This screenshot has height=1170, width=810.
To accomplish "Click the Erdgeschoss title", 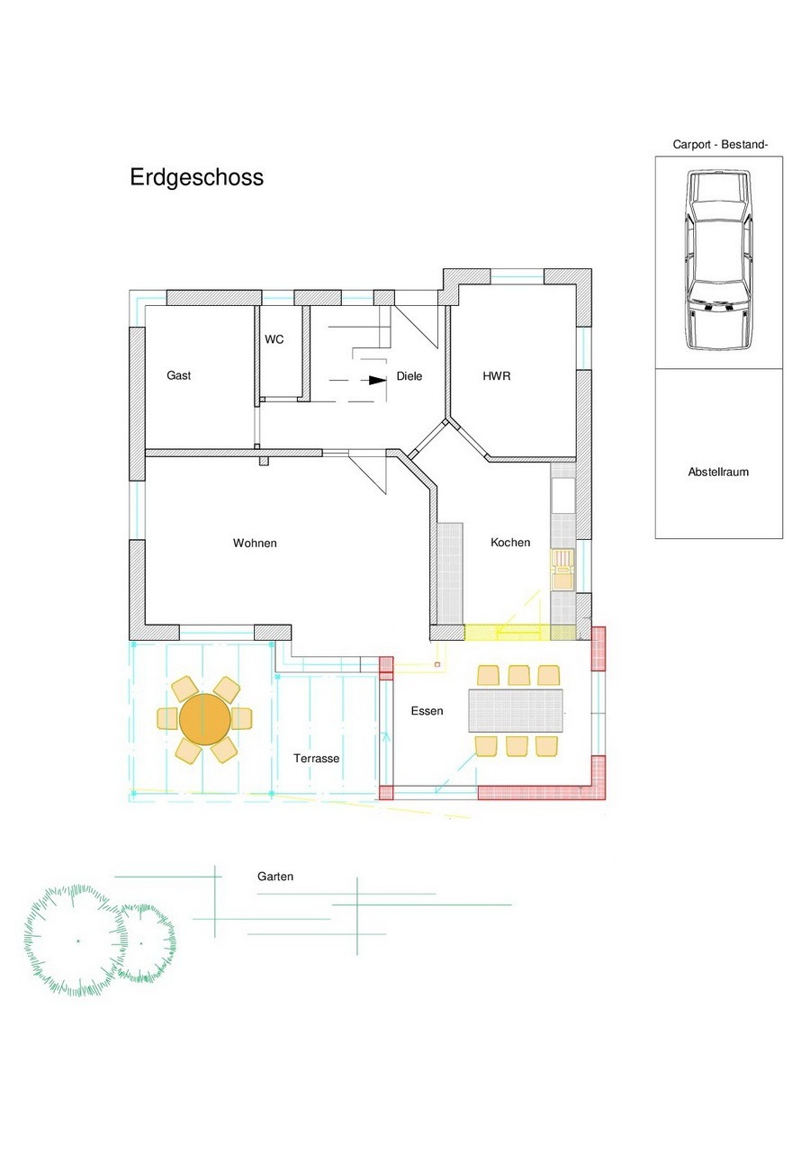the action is tap(196, 177).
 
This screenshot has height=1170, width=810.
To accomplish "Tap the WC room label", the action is tap(274, 339).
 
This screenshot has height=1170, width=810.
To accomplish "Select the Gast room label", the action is tap(178, 375).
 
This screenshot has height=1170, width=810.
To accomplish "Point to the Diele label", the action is tap(409, 376).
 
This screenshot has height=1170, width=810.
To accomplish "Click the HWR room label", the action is tap(497, 375).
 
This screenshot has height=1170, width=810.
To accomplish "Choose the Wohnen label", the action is tap(255, 544).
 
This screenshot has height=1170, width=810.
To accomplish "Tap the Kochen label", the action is tap(510, 543).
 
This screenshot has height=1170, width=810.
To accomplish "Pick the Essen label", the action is tap(427, 711).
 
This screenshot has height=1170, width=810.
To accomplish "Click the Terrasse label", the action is tap(317, 759).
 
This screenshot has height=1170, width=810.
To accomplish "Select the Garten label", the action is tap(275, 877).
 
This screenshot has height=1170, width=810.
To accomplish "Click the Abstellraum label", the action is tap(718, 472).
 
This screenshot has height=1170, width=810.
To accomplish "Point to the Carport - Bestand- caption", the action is tap(720, 145).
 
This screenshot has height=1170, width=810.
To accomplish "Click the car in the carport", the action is tap(719, 259).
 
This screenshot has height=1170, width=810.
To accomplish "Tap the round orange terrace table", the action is tap(204, 719).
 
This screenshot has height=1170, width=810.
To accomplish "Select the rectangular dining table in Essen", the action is tap(516, 710).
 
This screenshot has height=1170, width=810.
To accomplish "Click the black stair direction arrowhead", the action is tap(378, 380).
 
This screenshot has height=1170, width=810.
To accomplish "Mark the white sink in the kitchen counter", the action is tap(563, 496).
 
